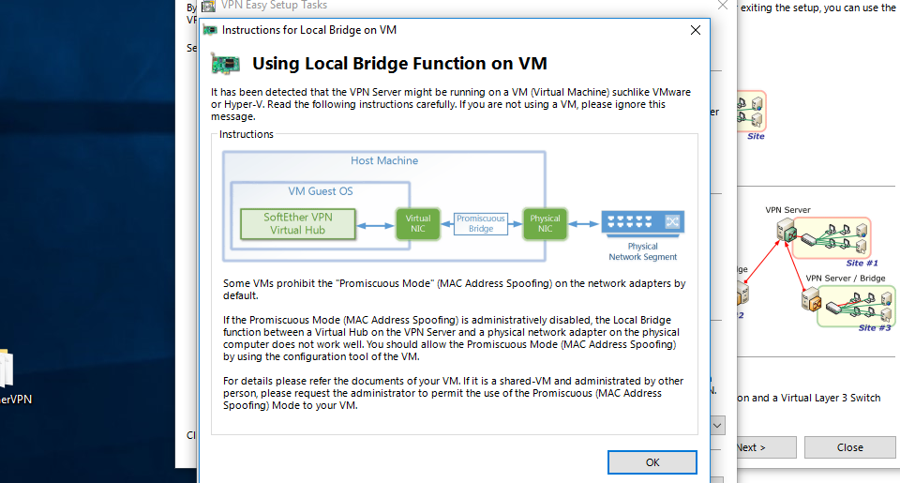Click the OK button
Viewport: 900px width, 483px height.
[x=652, y=462]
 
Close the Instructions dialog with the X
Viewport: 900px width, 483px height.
[x=695, y=30]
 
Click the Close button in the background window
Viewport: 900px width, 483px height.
[x=849, y=447]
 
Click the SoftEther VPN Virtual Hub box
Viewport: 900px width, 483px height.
[x=298, y=223]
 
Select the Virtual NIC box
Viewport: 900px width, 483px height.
[x=417, y=223]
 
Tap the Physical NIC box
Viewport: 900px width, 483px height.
[x=545, y=223]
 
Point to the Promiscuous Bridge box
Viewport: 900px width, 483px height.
[x=481, y=223]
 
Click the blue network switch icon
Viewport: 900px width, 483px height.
[x=643, y=222]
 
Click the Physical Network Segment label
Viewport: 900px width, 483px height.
[x=642, y=251]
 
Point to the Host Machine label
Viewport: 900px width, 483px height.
[x=384, y=160]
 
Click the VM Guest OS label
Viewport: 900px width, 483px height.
[x=321, y=191]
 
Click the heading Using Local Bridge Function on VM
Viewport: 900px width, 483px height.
[x=399, y=64]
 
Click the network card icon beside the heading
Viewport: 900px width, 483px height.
[x=225, y=64]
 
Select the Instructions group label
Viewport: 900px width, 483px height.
[x=247, y=134]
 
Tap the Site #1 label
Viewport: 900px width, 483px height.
[x=861, y=264]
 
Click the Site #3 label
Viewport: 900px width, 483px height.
[x=874, y=328]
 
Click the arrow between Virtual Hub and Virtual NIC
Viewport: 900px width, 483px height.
[x=377, y=224]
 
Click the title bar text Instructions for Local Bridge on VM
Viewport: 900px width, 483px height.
[x=309, y=30]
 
